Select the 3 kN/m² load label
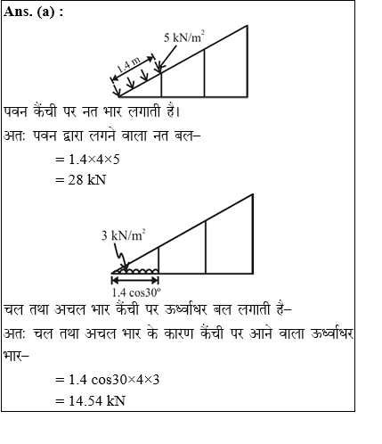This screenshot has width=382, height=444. click(x=123, y=235)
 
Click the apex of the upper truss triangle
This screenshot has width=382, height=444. click(x=248, y=27)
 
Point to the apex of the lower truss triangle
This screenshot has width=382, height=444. click(x=253, y=193)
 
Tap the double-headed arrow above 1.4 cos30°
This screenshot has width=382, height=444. click(x=134, y=279)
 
